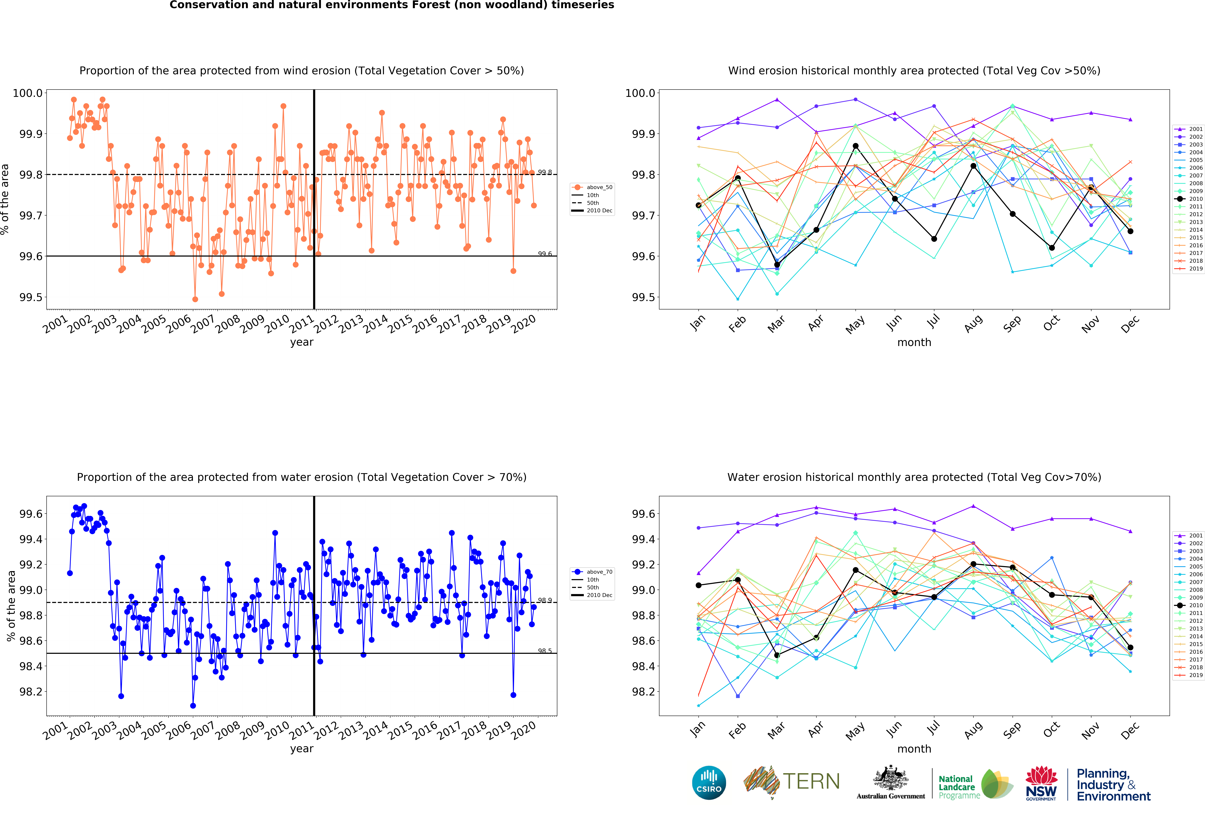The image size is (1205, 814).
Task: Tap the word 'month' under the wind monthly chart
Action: pyautogui.click(x=914, y=342)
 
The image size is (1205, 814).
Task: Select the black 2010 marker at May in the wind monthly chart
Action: pyautogui.click(x=855, y=146)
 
